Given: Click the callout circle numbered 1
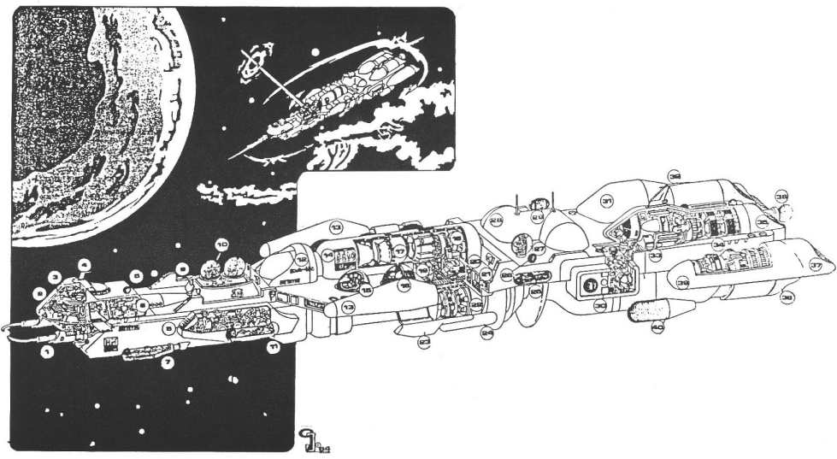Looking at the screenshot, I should [46, 350].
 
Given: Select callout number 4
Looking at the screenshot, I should [84, 265].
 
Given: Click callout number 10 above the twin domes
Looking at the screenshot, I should [222, 244].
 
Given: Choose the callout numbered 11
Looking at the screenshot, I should [272, 348].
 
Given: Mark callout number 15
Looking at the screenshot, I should [366, 291].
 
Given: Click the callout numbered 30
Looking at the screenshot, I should [599, 304].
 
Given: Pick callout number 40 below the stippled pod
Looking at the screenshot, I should [657, 328].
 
